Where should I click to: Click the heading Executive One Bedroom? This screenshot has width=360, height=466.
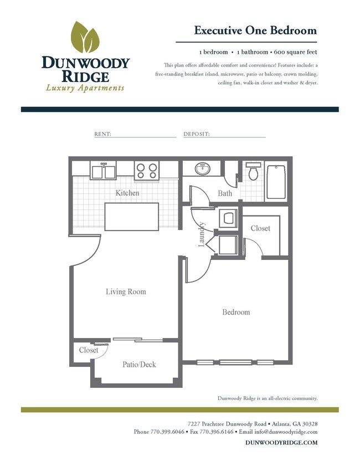pos(255,30)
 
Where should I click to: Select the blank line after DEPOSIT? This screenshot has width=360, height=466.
pos(238,135)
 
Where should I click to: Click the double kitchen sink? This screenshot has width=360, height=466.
pos(103,171)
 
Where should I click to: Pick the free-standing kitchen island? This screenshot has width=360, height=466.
pos(132,217)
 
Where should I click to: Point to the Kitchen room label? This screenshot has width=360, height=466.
pos(127,193)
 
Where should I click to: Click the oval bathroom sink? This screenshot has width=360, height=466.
pos(202,169)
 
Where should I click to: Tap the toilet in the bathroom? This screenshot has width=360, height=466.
pos(254,173)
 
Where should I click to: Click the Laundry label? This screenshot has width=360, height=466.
pos(203,233)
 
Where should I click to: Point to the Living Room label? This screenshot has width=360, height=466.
pos(126,291)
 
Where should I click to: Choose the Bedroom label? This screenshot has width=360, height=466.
pos(236,312)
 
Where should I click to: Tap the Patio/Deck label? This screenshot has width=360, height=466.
pos(139,364)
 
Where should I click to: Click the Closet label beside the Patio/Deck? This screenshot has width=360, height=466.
pos(89,350)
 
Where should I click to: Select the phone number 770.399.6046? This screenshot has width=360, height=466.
pos(168,432)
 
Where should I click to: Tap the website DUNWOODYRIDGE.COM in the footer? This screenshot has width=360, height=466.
pos(281,443)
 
